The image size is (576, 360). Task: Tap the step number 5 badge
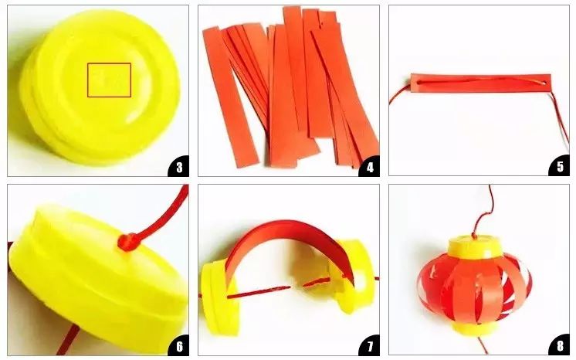560,166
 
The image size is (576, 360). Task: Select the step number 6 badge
179,345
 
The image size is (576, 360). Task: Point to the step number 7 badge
370,345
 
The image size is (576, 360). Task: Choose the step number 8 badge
560,345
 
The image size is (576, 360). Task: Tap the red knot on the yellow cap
127,242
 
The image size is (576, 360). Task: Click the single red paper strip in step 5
480,83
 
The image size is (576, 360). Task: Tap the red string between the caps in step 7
257,292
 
